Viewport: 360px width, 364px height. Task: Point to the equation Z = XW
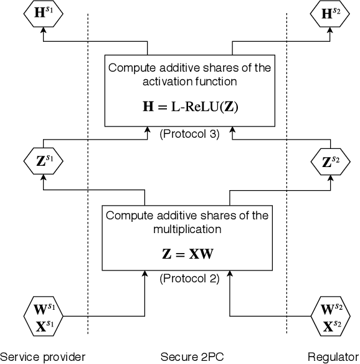(187, 254)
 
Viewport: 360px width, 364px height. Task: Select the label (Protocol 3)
(189, 133)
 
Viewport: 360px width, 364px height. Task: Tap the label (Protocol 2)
(189, 279)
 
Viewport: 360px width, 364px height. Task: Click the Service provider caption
(42, 357)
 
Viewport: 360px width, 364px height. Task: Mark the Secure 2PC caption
(187, 357)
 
